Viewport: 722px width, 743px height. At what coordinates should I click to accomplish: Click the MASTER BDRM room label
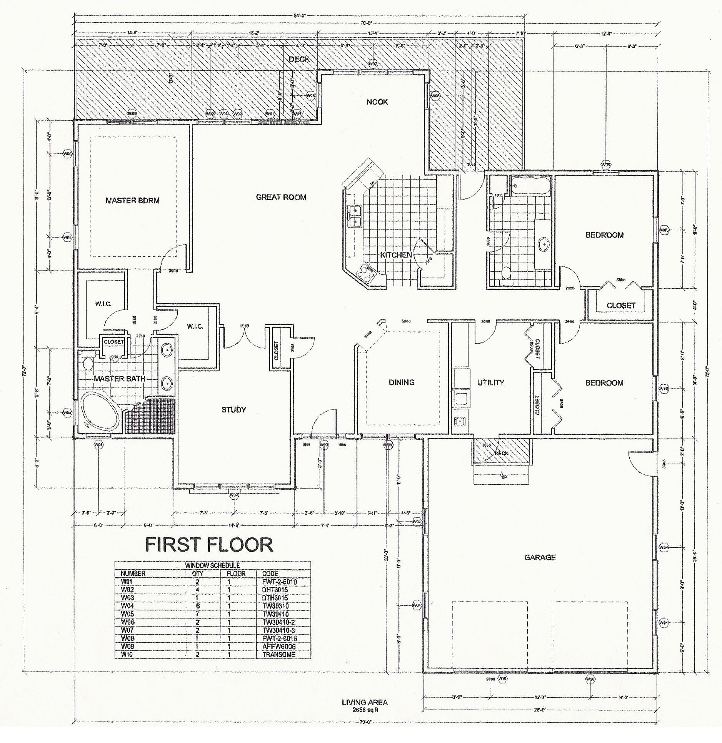132,200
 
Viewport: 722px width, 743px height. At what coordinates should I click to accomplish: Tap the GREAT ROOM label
281,197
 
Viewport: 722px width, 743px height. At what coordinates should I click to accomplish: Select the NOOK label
377,102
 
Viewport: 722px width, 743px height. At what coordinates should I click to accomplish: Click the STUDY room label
233,410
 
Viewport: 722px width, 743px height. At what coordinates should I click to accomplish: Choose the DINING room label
402,382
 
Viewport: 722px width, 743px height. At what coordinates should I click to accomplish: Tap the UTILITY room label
490,382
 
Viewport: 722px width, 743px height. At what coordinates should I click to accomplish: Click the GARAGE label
540,557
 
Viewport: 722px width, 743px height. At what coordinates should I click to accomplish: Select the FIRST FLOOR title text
209,545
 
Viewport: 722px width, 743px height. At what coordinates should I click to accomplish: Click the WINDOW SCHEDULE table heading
212,565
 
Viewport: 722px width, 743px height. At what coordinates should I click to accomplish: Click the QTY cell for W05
197,614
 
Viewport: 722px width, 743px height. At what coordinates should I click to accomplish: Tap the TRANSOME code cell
278,655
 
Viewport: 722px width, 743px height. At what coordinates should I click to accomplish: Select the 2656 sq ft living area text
365,710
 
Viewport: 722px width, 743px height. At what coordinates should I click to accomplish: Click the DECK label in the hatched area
299,59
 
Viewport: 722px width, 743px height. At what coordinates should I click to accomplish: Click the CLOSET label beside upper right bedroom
620,306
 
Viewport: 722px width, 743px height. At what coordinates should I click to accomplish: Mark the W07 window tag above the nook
372,63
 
